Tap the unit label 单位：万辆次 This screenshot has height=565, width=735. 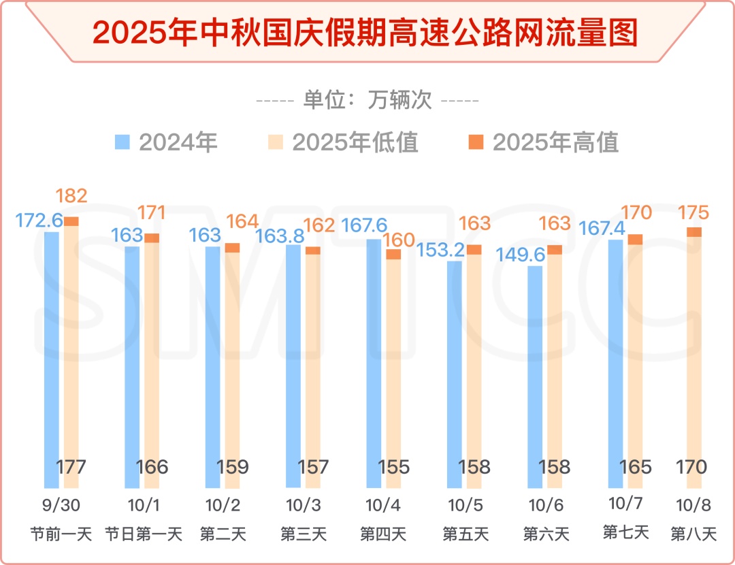coord(367,101)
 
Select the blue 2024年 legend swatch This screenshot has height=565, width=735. coord(122,142)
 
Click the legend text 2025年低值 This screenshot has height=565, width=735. coord(355,142)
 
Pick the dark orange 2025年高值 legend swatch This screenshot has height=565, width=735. coord(476,142)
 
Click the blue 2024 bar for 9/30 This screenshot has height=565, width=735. coord(52,361)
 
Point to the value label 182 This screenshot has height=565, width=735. coord(71,197)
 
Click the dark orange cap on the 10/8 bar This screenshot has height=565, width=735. coord(694,232)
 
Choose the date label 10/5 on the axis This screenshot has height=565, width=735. coord(463,506)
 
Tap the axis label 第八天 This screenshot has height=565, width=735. coord(693,533)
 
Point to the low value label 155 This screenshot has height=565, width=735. coord(393,467)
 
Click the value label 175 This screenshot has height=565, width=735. coord(693,212)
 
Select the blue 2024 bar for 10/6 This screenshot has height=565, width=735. coord(536,378)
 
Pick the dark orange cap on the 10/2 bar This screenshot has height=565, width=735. coord(233,248)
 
